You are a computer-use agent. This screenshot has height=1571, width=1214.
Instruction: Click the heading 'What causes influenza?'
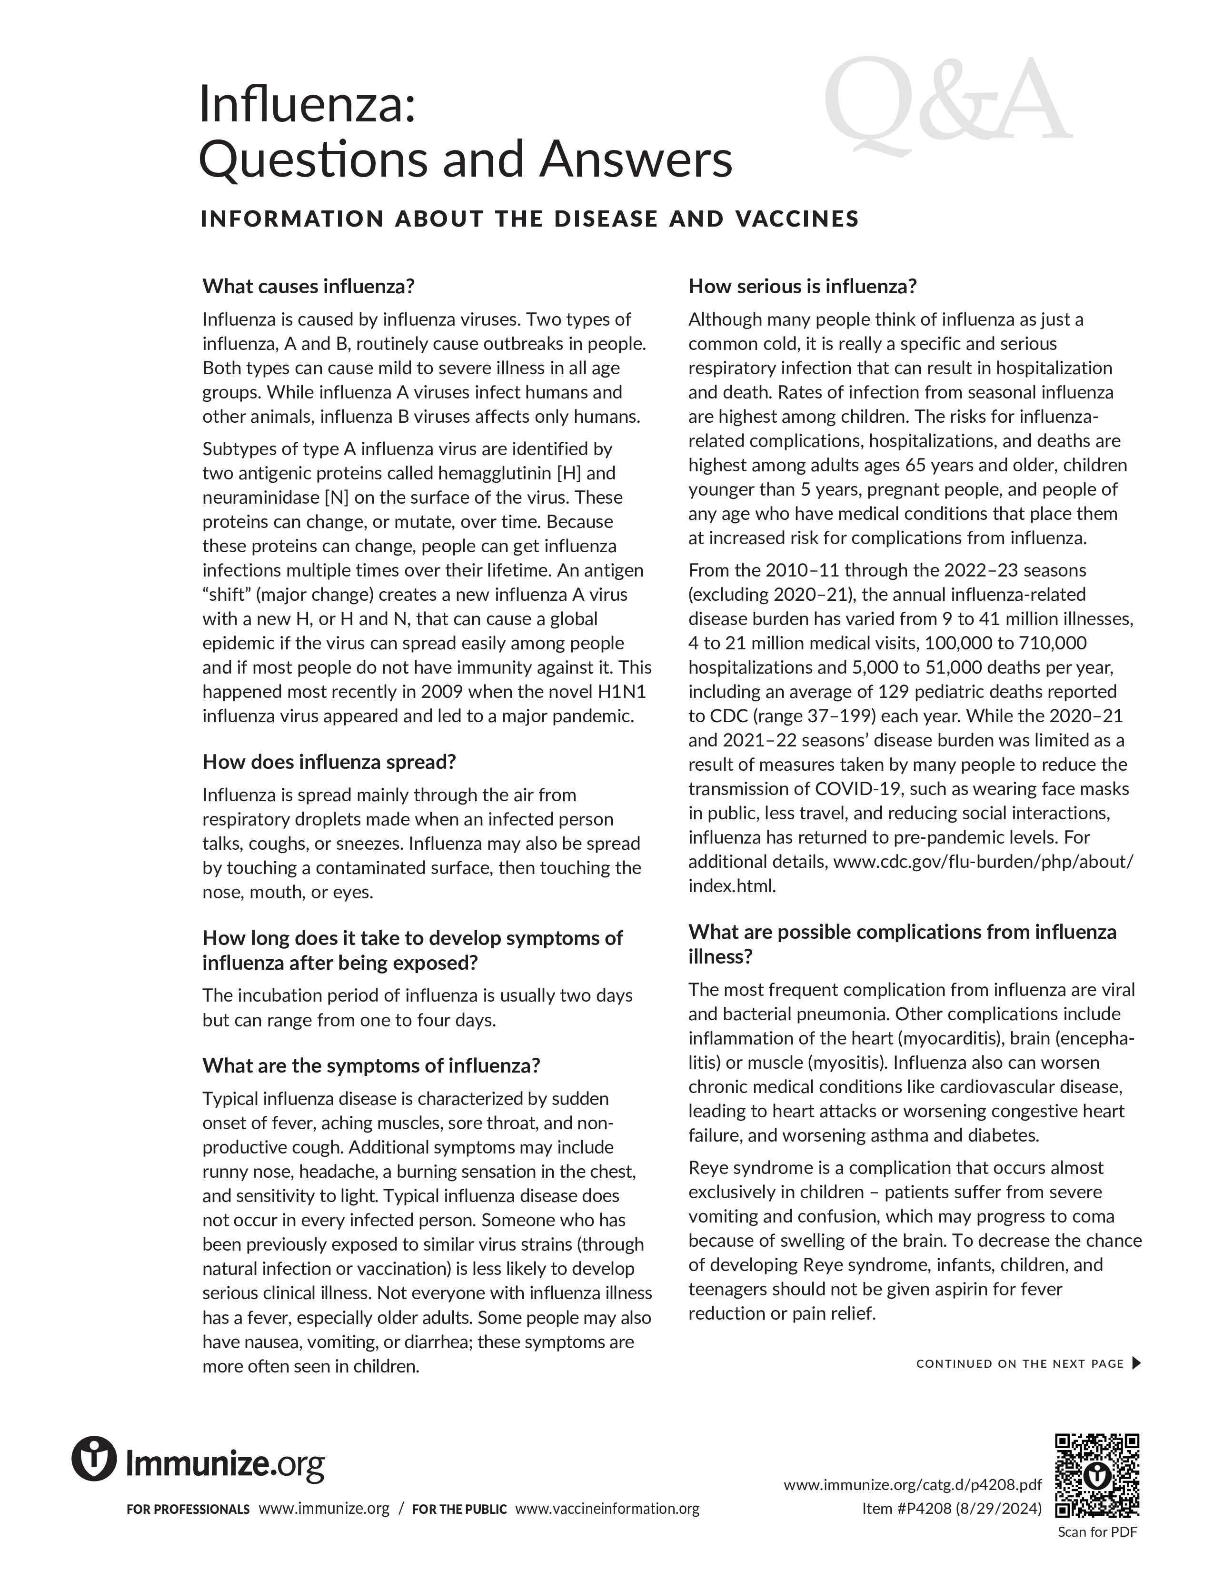pos(308,286)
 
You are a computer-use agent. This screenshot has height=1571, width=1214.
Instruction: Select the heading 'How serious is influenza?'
pos(802,286)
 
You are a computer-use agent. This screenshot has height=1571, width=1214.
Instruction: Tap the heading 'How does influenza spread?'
pos(328,762)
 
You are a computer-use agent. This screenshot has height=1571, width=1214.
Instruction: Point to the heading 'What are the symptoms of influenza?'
pos(370,1065)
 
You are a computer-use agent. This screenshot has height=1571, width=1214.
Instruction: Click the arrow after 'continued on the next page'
pos(1136,1363)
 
